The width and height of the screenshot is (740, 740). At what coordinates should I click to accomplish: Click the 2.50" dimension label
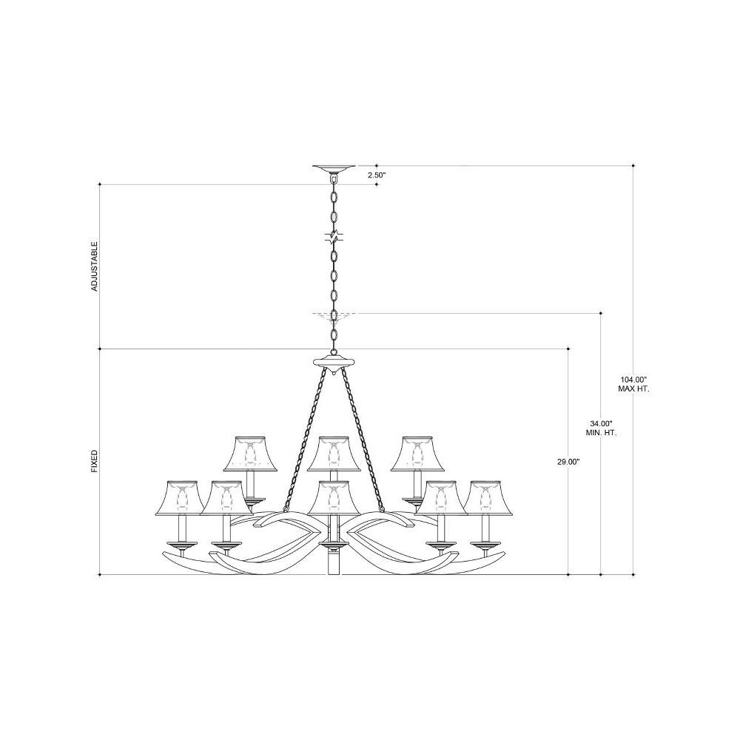coord(377,175)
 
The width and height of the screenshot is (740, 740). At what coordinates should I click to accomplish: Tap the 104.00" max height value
coord(633,379)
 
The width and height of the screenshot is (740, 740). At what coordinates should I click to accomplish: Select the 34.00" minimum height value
coord(600,423)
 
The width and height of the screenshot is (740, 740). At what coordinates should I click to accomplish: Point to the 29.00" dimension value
coord(568,462)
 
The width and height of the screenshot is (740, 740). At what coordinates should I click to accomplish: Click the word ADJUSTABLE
coord(95,266)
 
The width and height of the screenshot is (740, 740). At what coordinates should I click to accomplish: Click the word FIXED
coord(95,461)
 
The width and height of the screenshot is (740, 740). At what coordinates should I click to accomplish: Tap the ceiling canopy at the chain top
coord(334,169)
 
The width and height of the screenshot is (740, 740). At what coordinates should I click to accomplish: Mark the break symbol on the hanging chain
coord(334,235)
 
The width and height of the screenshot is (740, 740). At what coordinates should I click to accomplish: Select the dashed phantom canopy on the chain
coord(334,315)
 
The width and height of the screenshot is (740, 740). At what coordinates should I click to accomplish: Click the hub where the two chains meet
coord(334,363)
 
